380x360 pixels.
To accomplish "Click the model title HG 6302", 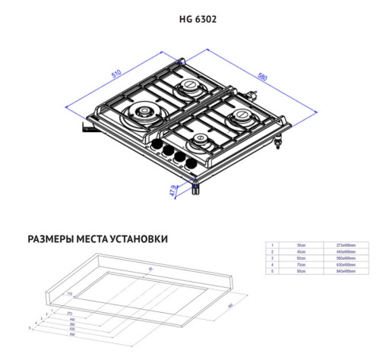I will (x=189, y=19).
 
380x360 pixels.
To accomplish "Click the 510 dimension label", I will (x=116, y=74).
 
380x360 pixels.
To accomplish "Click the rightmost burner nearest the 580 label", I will (x=241, y=116).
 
